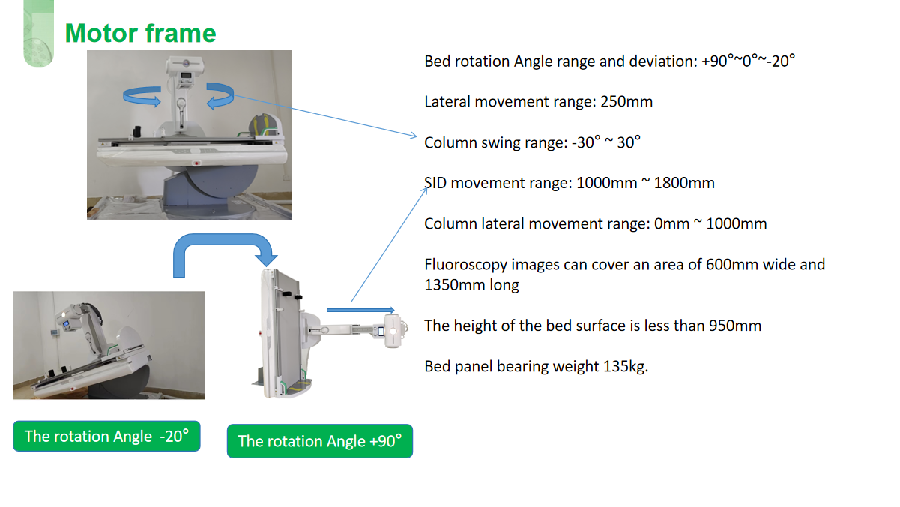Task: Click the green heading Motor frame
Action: pos(140,33)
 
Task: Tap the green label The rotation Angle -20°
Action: pos(106,436)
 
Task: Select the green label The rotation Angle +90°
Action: pos(320,441)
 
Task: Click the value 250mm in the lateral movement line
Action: pos(626,101)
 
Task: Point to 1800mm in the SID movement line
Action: pos(684,183)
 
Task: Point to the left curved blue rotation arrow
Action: pos(142,97)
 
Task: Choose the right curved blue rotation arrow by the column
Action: pos(220,96)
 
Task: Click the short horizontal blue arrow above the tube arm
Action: pos(360,310)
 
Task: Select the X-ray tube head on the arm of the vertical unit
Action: pos(393,331)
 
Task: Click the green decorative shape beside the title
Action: pos(38,33)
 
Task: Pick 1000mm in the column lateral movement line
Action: pos(737,223)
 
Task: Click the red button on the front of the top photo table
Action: pos(197,163)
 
